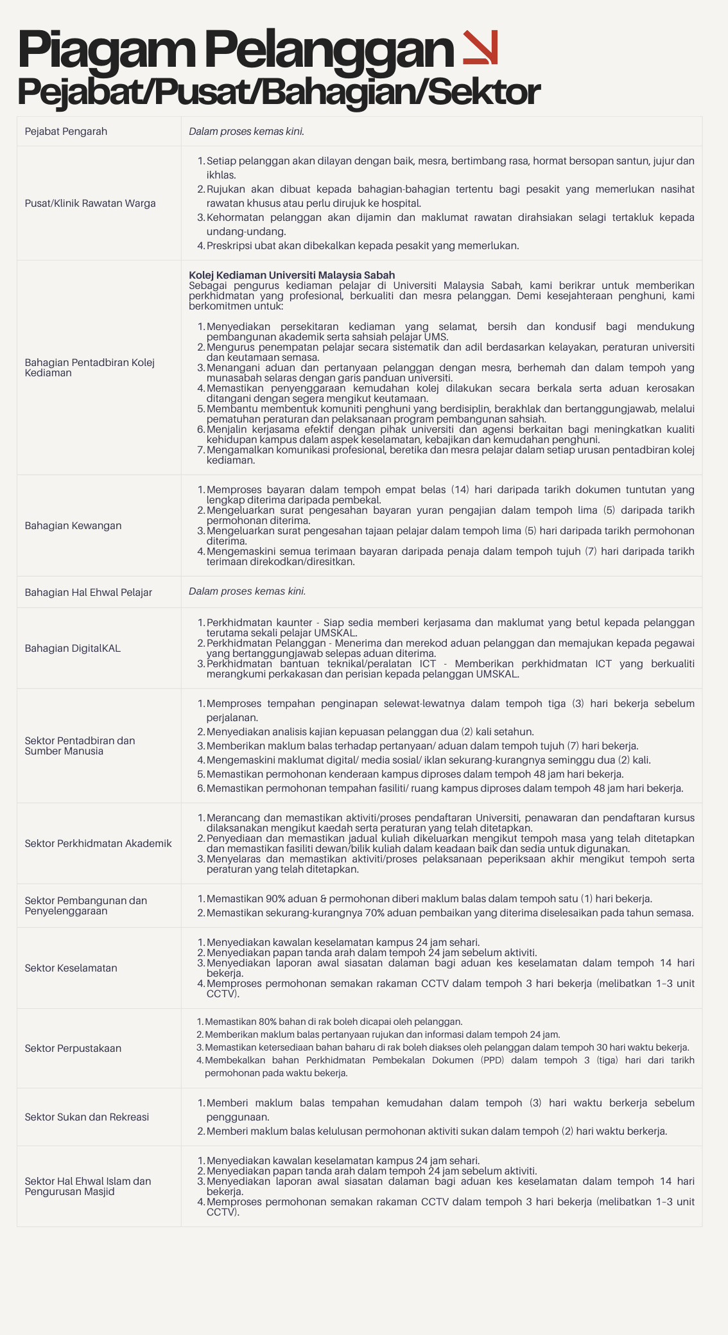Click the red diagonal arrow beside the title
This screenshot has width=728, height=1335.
[x=480, y=48]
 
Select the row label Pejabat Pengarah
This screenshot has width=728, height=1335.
[x=66, y=132]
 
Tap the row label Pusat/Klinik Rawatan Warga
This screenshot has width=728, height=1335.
[x=90, y=204]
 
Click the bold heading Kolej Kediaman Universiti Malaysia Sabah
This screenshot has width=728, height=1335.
[x=291, y=275]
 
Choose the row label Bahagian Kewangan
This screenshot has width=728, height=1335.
[x=73, y=526]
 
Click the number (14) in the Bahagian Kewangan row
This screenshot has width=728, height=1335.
[x=460, y=490]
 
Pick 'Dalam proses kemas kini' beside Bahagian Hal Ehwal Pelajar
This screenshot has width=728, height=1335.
[x=247, y=591]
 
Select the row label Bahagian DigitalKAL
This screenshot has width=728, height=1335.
[x=73, y=649]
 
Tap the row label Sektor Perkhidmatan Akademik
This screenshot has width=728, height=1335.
[x=98, y=844]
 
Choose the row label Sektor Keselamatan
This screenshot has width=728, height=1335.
[x=71, y=968]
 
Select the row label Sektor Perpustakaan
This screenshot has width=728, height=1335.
[x=73, y=1049]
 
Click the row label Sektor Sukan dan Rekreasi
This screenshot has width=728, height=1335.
[x=87, y=1117]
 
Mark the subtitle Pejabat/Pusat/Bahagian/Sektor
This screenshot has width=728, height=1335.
[x=279, y=92]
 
